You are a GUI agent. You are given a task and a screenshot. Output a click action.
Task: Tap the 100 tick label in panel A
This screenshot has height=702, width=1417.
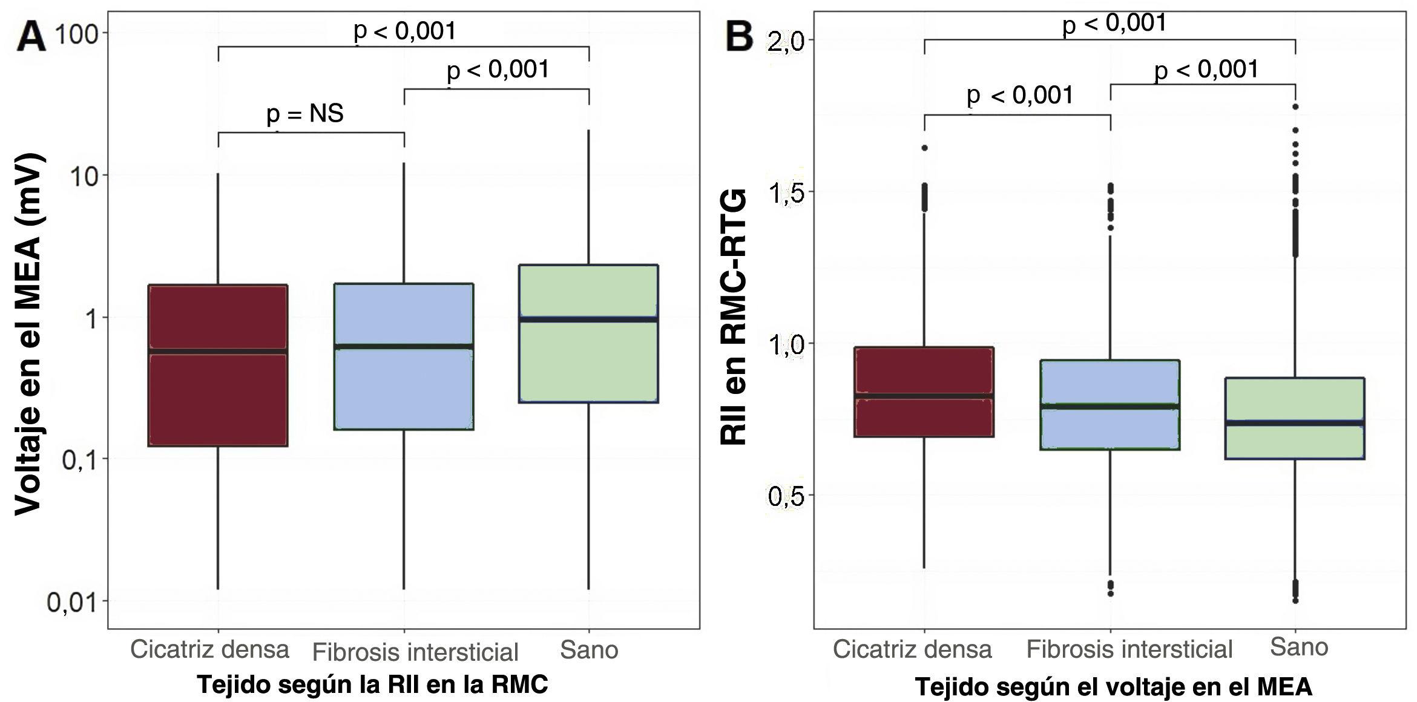pyautogui.click(x=77, y=34)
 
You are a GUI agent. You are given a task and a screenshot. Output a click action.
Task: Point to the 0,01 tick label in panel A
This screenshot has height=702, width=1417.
pyautogui.click(x=73, y=603)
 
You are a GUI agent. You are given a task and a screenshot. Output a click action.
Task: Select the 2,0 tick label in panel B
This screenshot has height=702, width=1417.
pyautogui.click(x=786, y=42)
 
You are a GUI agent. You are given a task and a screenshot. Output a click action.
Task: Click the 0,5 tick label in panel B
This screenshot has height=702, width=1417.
pyautogui.click(x=786, y=496)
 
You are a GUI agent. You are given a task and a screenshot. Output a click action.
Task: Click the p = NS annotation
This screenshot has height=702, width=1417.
pyautogui.click(x=305, y=113)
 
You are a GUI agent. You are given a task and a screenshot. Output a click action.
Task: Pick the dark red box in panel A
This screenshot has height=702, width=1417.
pyautogui.click(x=218, y=399)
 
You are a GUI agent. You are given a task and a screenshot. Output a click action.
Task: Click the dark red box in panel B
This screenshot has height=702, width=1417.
pyautogui.click(x=924, y=418)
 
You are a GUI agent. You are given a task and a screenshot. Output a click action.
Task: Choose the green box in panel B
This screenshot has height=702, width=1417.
pyautogui.click(x=1295, y=442)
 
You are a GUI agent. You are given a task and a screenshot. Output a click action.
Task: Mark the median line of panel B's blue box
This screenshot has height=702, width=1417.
pyautogui.click(x=1110, y=406)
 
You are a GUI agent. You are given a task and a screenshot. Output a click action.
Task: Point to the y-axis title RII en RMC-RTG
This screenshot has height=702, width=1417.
pyautogui.click(x=734, y=318)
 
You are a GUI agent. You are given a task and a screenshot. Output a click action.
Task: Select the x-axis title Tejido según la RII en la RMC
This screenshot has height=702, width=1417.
pyautogui.click(x=372, y=685)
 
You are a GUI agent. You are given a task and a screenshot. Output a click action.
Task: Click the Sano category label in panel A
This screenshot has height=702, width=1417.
pyautogui.click(x=589, y=650)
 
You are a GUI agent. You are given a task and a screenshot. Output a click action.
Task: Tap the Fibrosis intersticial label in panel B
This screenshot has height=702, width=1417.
pyautogui.click(x=1129, y=649)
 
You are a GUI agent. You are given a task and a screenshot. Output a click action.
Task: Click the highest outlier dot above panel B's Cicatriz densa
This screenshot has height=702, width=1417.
pyautogui.click(x=925, y=148)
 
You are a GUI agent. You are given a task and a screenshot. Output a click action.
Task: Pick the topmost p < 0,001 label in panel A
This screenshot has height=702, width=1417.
pyautogui.click(x=404, y=30)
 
